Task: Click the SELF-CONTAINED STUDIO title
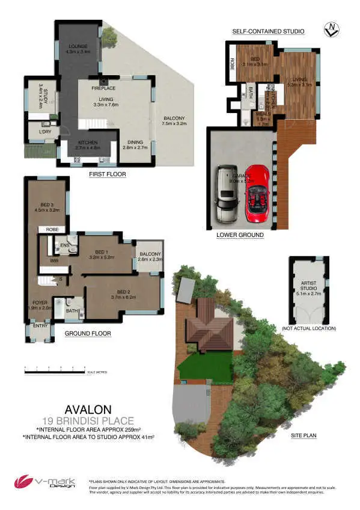click(x=268, y=31)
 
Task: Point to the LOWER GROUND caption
click(x=240, y=235)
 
